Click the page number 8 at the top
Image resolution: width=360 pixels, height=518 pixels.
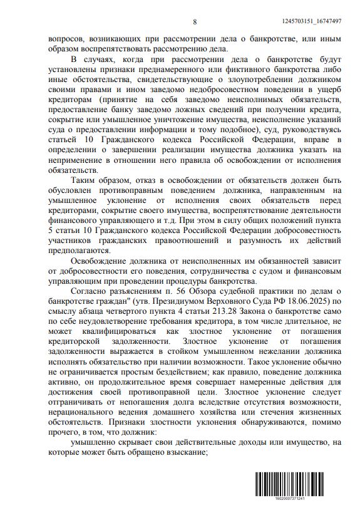click(x=195, y=22)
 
